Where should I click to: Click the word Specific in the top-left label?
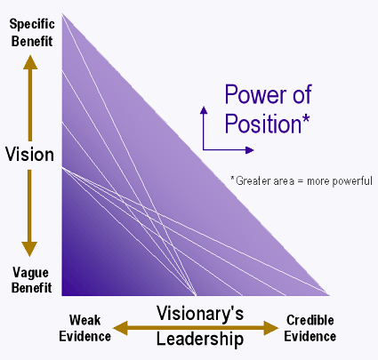(32, 24)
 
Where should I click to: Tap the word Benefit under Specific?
(32, 41)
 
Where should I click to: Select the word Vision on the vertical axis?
(29, 155)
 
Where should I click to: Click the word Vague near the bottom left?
(30, 273)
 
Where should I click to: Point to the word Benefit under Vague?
(32, 288)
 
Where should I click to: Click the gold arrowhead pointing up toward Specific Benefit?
(30, 62)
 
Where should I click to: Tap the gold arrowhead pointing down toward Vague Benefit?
(29, 249)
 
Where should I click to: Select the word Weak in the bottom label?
(84, 320)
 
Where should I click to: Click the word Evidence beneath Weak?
(84, 337)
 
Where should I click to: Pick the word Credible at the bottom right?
(310, 320)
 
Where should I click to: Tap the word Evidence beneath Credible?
(310, 337)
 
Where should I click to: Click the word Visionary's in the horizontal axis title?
(200, 314)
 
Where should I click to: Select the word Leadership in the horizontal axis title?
(200, 339)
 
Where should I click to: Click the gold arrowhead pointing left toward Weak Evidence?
(120, 328)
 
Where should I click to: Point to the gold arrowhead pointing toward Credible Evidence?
(271, 328)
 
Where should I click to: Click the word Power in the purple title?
(256, 94)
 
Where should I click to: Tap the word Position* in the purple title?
(267, 124)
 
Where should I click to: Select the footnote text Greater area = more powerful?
(304, 180)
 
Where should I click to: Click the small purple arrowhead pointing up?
(204, 110)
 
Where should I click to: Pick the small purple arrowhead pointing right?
(250, 150)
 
